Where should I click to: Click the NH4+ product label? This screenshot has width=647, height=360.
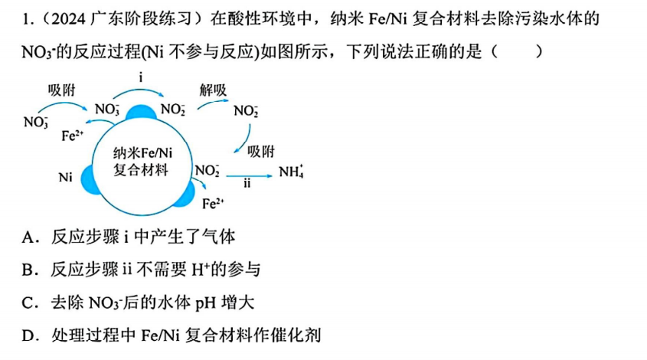click(x=291, y=172)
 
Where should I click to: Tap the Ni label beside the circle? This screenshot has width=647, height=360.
click(x=65, y=178)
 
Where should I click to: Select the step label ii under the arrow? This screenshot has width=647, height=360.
click(x=247, y=183)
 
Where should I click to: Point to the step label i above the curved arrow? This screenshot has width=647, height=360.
click(x=141, y=77)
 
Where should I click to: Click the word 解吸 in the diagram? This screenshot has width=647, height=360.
click(x=213, y=90)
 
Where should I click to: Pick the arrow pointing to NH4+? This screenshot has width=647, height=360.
click(x=249, y=176)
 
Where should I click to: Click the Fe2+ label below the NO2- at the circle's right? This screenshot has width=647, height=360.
click(x=213, y=203)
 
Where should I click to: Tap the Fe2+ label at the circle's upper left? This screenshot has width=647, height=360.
click(x=73, y=136)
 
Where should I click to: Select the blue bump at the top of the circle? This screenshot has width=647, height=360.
click(x=141, y=113)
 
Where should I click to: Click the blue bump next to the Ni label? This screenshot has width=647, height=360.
click(x=87, y=180)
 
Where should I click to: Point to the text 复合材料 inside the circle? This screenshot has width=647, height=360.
click(x=141, y=170)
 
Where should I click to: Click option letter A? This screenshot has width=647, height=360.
click(x=28, y=237)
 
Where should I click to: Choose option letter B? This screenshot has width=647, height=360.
click(x=28, y=270)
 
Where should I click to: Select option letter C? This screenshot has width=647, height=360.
click(x=28, y=303)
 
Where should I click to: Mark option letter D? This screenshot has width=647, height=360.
click(x=28, y=335)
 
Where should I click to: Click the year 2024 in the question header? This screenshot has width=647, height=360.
click(x=68, y=19)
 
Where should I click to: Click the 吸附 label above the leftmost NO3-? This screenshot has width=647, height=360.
click(x=62, y=90)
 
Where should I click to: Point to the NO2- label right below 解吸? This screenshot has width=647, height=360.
click(x=246, y=110)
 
